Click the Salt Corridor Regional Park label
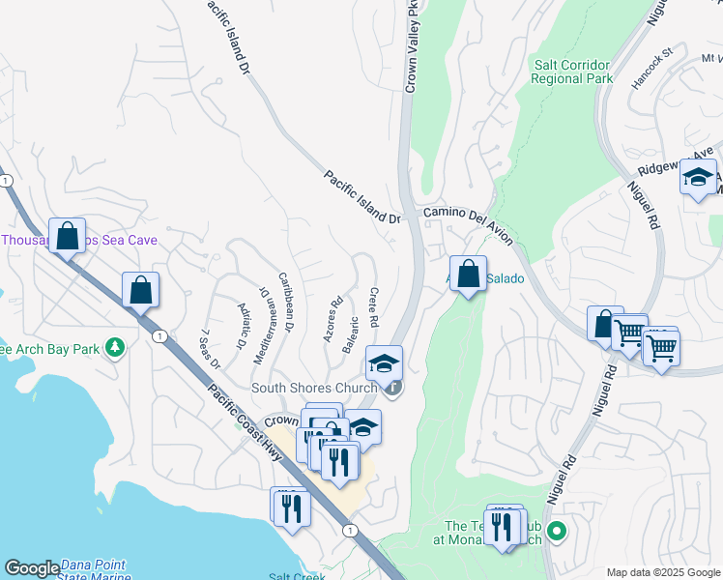tap(573, 72)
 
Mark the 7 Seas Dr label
tap(210, 349)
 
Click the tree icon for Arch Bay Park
tap(115, 346)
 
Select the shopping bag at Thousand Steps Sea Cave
tap(68, 234)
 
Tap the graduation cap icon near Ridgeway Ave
tap(698, 177)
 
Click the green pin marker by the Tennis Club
tap(556, 531)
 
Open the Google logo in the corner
tap(32, 568)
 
